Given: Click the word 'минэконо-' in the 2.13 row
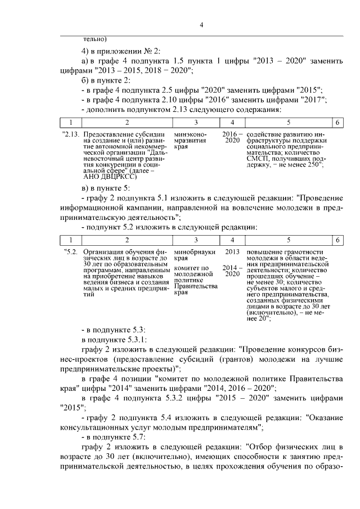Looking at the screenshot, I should coord(191,134).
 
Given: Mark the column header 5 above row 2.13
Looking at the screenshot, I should coord(287,122).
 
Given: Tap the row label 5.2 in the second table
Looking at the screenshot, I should coord(71,252).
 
